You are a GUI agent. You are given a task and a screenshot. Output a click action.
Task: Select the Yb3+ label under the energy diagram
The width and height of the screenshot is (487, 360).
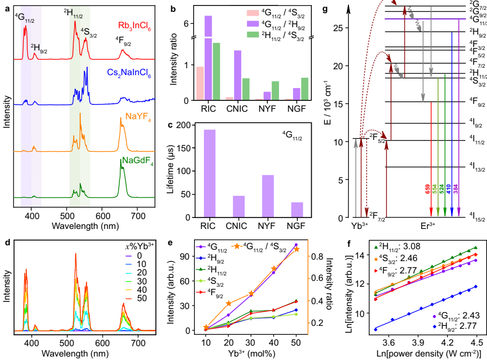click(x=359, y=227)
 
